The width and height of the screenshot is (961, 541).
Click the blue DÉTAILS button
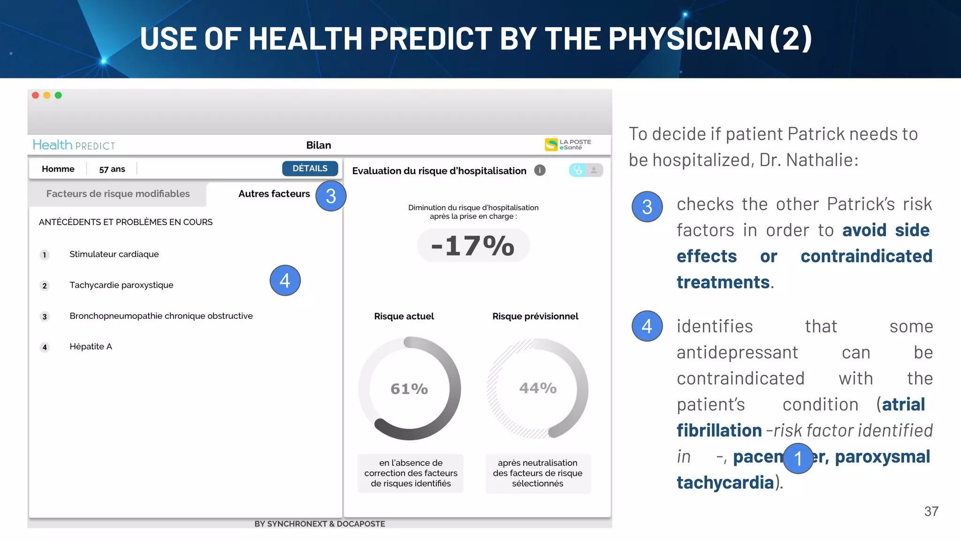click(x=310, y=169)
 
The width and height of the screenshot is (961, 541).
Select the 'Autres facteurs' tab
click(x=274, y=194)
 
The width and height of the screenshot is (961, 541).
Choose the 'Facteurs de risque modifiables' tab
click(x=118, y=194)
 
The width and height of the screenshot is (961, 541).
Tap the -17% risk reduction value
click(x=473, y=246)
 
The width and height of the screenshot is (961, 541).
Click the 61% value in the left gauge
click(x=409, y=389)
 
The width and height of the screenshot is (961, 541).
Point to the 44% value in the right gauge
click(x=538, y=388)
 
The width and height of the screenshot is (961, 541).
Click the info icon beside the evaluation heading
click(x=540, y=170)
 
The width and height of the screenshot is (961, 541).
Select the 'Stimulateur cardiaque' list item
click(x=114, y=254)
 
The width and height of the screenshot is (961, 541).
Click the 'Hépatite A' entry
click(x=91, y=347)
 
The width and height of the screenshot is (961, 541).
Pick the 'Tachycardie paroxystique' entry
click(x=121, y=285)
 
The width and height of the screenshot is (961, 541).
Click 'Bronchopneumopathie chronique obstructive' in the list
click(x=161, y=316)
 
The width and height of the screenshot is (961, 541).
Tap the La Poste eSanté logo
click(x=568, y=145)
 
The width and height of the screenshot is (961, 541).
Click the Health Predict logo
click(x=74, y=145)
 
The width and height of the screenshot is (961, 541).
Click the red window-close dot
click(x=35, y=95)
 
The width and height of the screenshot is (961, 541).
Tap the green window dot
click(x=58, y=95)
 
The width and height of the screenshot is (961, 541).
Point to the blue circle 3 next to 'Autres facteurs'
click(x=331, y=196)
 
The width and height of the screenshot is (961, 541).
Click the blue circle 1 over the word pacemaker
click(x=798, y=458)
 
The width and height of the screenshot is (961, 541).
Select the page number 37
click(x=931, y=511)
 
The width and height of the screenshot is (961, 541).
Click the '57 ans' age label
click(x=112, y=169)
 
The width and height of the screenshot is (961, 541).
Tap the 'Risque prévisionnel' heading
click(x=535, y=317)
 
